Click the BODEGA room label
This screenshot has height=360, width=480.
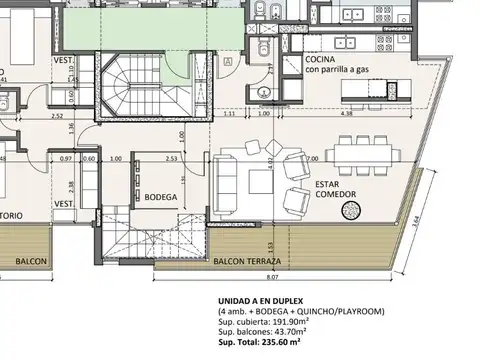click(x=160, y=197)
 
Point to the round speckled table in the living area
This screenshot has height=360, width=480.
click(x=352, y=210)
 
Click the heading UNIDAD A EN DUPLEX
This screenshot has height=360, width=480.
click(x=269, y=301)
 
